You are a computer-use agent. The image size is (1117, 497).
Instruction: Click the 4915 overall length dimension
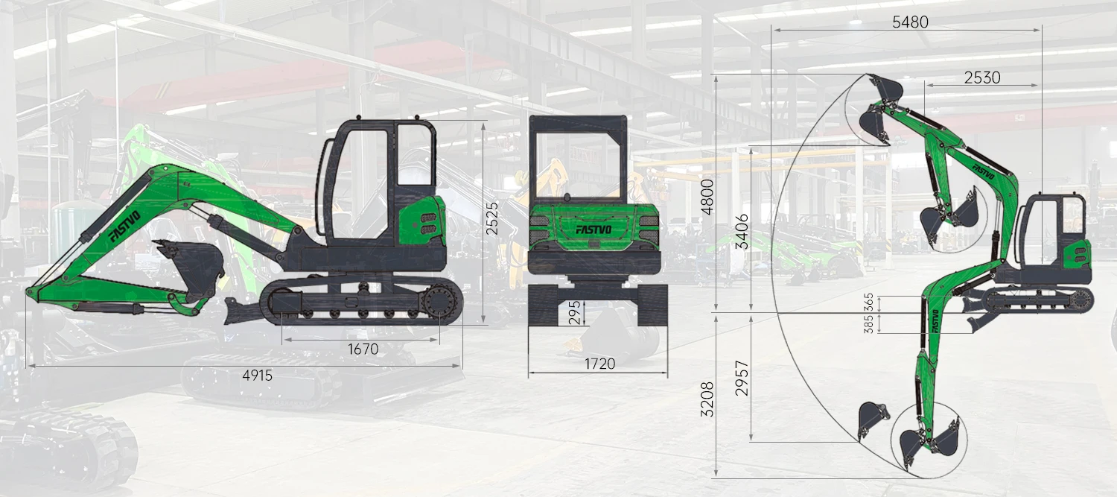258,376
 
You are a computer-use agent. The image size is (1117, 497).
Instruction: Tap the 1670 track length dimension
363,349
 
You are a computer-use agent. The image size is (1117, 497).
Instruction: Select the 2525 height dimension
492,218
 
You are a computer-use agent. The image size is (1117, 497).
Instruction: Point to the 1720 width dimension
599,364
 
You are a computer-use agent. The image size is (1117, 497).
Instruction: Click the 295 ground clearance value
575,312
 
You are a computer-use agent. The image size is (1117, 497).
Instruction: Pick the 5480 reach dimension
910,22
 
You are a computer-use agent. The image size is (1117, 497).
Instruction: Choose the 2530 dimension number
982,77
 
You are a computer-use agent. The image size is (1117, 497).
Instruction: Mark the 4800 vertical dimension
707,197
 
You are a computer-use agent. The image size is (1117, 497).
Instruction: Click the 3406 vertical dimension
742,231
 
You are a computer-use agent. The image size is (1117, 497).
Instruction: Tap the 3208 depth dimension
707,399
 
